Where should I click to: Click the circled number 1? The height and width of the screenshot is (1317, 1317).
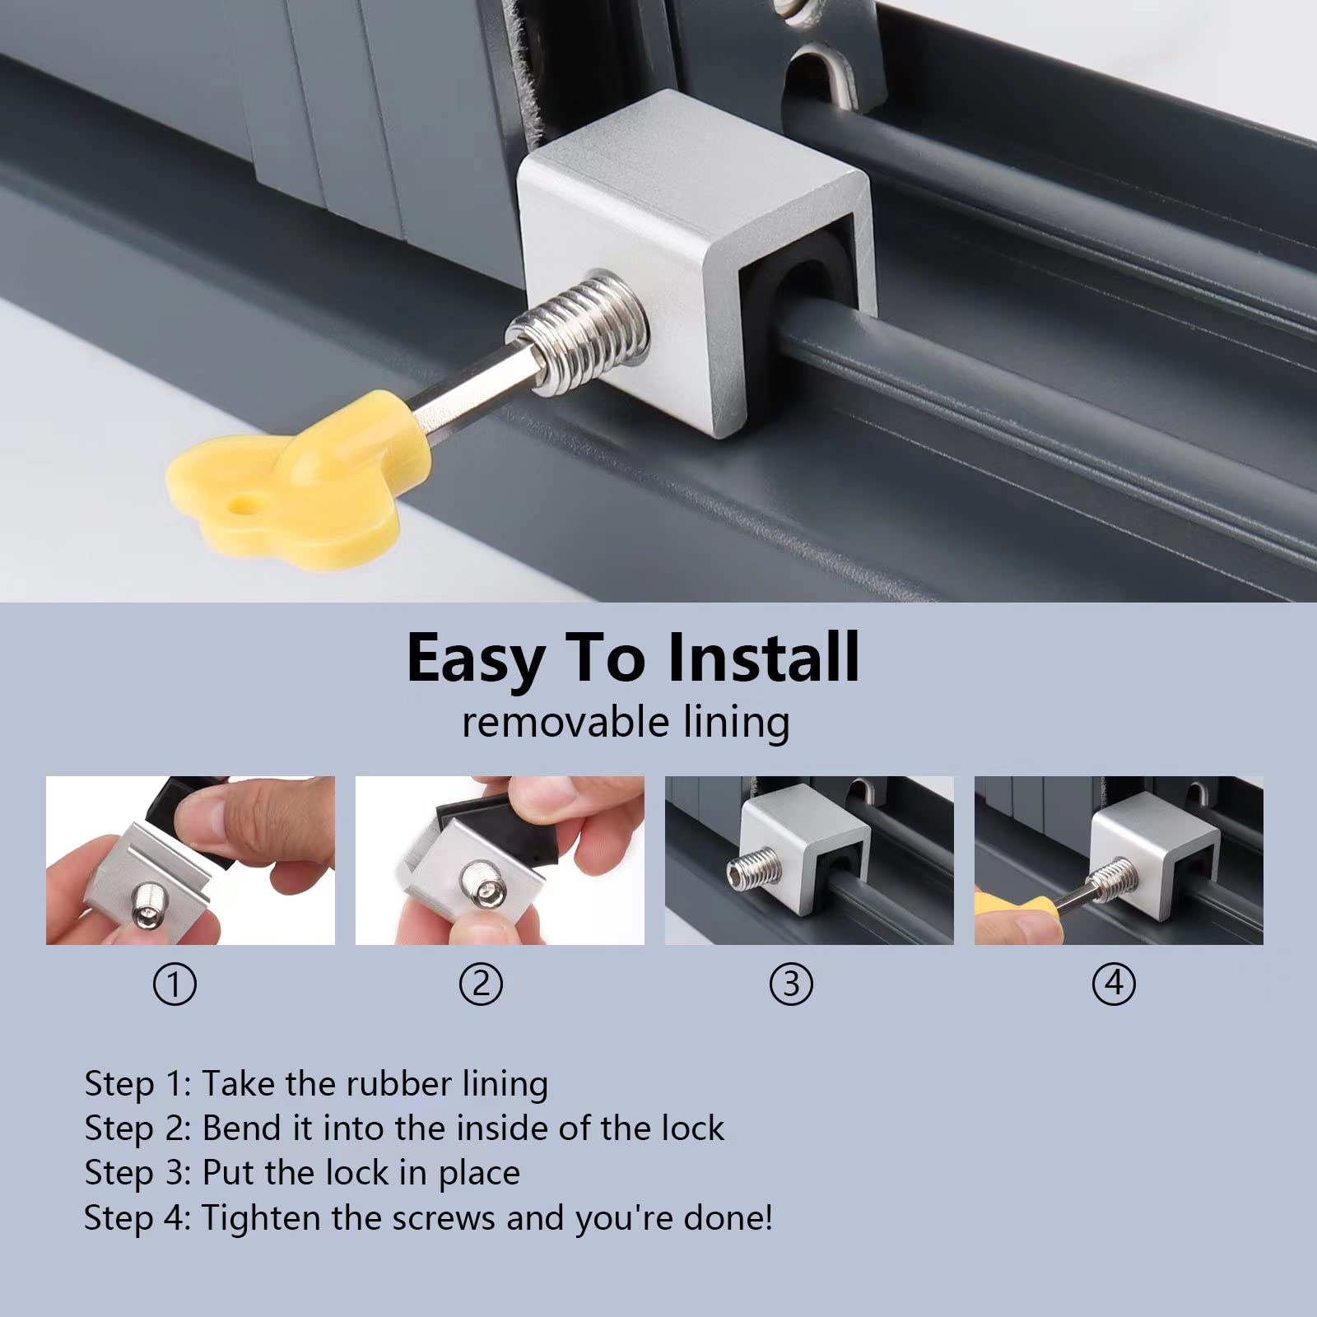[175, 984]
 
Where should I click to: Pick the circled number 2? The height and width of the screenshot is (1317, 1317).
[481, 984]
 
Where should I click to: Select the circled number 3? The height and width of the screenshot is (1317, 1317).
[791, 984]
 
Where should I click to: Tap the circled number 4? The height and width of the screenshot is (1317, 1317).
[1114, 984]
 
